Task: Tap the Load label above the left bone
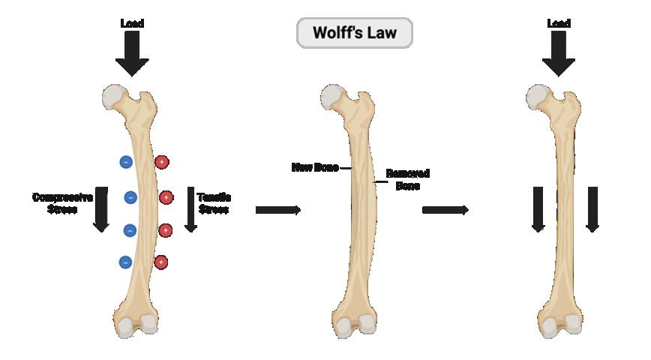point(132,23)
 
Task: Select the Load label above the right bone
point(558,23)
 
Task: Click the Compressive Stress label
point(61,203)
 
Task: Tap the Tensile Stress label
point(214,203)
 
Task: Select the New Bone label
point(315,167)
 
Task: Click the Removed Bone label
point(407,178)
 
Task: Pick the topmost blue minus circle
point(126,161)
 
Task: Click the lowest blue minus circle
point(125,262)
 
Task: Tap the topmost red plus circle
point(161,161)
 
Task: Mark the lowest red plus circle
point(160,262)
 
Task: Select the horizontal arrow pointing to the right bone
point(445,210)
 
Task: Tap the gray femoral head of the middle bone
point(331,94)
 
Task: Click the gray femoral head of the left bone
point(113,95)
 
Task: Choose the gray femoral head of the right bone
point(537,95)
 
